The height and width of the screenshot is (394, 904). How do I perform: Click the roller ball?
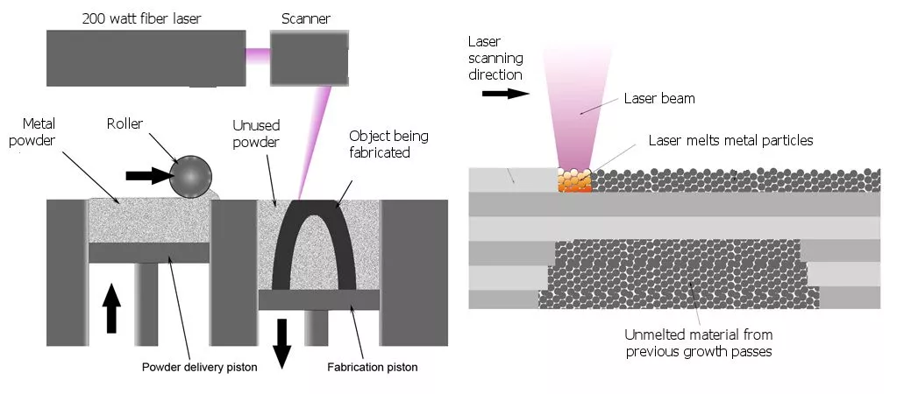click(190, 178)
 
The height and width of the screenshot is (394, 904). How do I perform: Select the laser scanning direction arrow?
click(507, 93)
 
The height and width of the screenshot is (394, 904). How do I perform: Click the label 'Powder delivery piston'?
click(200, 367)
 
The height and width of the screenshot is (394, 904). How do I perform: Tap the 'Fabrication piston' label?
click(373, 368)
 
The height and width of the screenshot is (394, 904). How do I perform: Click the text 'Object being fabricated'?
click(380, 144)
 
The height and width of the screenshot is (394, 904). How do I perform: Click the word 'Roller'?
click(125, 123)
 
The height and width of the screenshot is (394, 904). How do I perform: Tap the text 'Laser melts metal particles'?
click(729, 140)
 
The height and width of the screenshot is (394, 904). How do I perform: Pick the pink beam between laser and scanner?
click(257, 55)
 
